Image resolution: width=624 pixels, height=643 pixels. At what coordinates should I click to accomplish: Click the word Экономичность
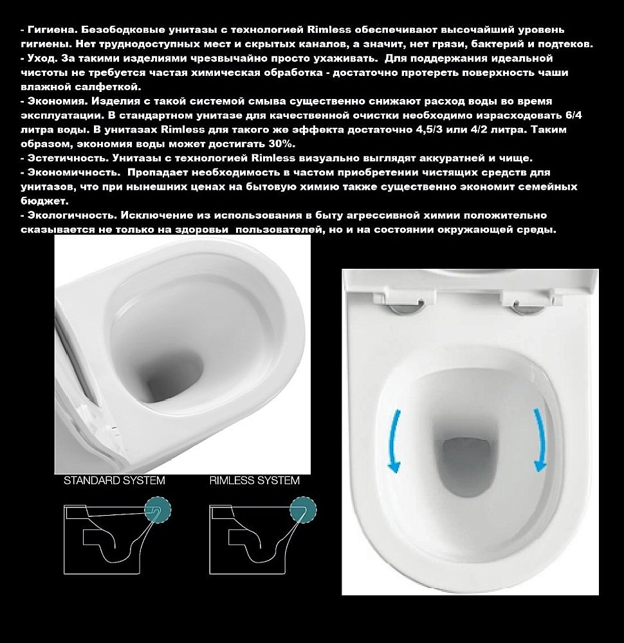coord(68,172)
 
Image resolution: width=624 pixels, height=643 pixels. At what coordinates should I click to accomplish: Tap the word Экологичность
coord(67,215)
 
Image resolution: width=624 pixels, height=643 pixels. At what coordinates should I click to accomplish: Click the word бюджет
coord(39,201)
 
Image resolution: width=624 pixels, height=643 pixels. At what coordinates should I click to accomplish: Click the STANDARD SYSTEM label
coord(114,480)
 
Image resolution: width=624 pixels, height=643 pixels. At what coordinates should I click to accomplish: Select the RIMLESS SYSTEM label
coord(255,480)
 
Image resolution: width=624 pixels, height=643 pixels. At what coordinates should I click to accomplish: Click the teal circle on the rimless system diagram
coord(302,511)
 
